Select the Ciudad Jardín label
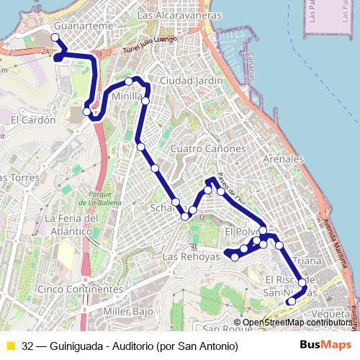click(x=191, y=81)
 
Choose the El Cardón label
click(x=32, y=120)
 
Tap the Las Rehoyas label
click(x=191, y=257)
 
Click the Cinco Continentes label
click(x=79, y=289)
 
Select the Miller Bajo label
click(x=129, y=311)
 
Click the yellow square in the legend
click(x=11, y=345)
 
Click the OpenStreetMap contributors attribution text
click(x=297, y=323)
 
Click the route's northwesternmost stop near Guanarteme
click(x=55, y=37)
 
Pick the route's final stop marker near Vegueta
click(x=291, y=302)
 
